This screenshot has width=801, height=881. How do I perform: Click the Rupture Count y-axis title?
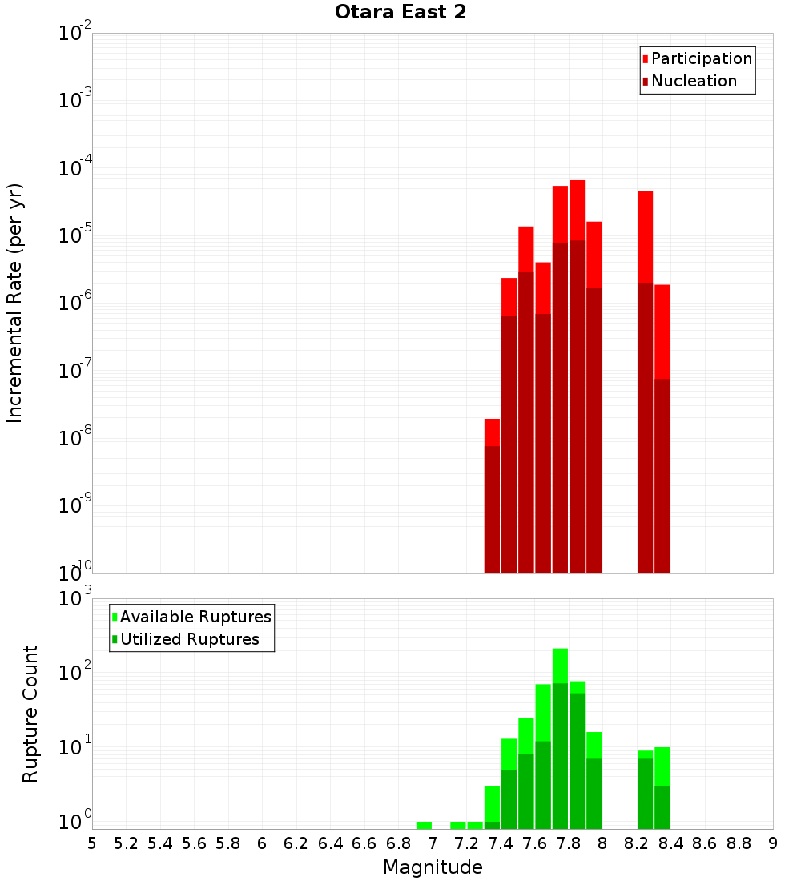coord(30,713)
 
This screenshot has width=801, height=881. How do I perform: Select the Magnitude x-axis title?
coord(433,867)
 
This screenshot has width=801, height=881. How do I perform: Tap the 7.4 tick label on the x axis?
coord(501,843)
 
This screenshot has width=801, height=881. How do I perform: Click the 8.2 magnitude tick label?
coord(637,843)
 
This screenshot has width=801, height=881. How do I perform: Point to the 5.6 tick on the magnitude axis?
coord(194,843)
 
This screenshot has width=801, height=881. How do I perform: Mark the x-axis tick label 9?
coord(773,843)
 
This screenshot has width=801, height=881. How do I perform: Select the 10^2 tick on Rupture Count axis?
coord(76,673)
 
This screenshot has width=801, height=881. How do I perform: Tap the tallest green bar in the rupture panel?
coord(560,737)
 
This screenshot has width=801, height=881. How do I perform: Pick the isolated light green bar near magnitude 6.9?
coord(424,825)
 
